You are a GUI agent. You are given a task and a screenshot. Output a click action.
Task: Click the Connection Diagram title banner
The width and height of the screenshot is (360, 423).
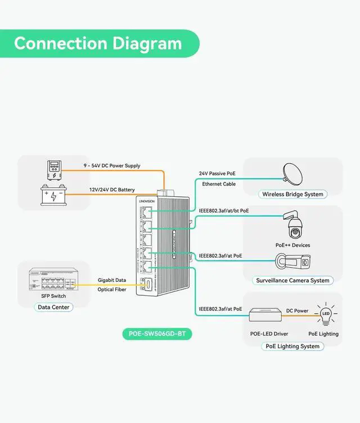coord(98,44)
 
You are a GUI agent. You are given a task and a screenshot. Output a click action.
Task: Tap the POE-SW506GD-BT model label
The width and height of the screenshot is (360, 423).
coord(157,334)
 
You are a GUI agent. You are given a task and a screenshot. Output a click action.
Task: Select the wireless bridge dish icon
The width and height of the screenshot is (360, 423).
coord(292,173)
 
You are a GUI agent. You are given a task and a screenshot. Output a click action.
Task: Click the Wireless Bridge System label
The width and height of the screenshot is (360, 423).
coord(292,195)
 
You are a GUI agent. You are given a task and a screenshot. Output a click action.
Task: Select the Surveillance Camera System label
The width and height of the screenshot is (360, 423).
coord(292,280)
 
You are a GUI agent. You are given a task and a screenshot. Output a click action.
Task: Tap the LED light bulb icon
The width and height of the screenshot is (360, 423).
coord(325,314)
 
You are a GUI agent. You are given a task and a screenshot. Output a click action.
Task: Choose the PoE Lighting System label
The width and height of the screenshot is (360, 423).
coord(292,346)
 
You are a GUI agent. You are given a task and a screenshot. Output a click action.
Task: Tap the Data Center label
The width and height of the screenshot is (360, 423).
coord(53,307)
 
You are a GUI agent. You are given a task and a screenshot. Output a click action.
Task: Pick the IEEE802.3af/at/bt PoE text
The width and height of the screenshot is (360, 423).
coord(224,211)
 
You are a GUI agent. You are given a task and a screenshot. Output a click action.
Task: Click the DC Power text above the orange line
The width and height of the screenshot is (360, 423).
coord(297,310)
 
